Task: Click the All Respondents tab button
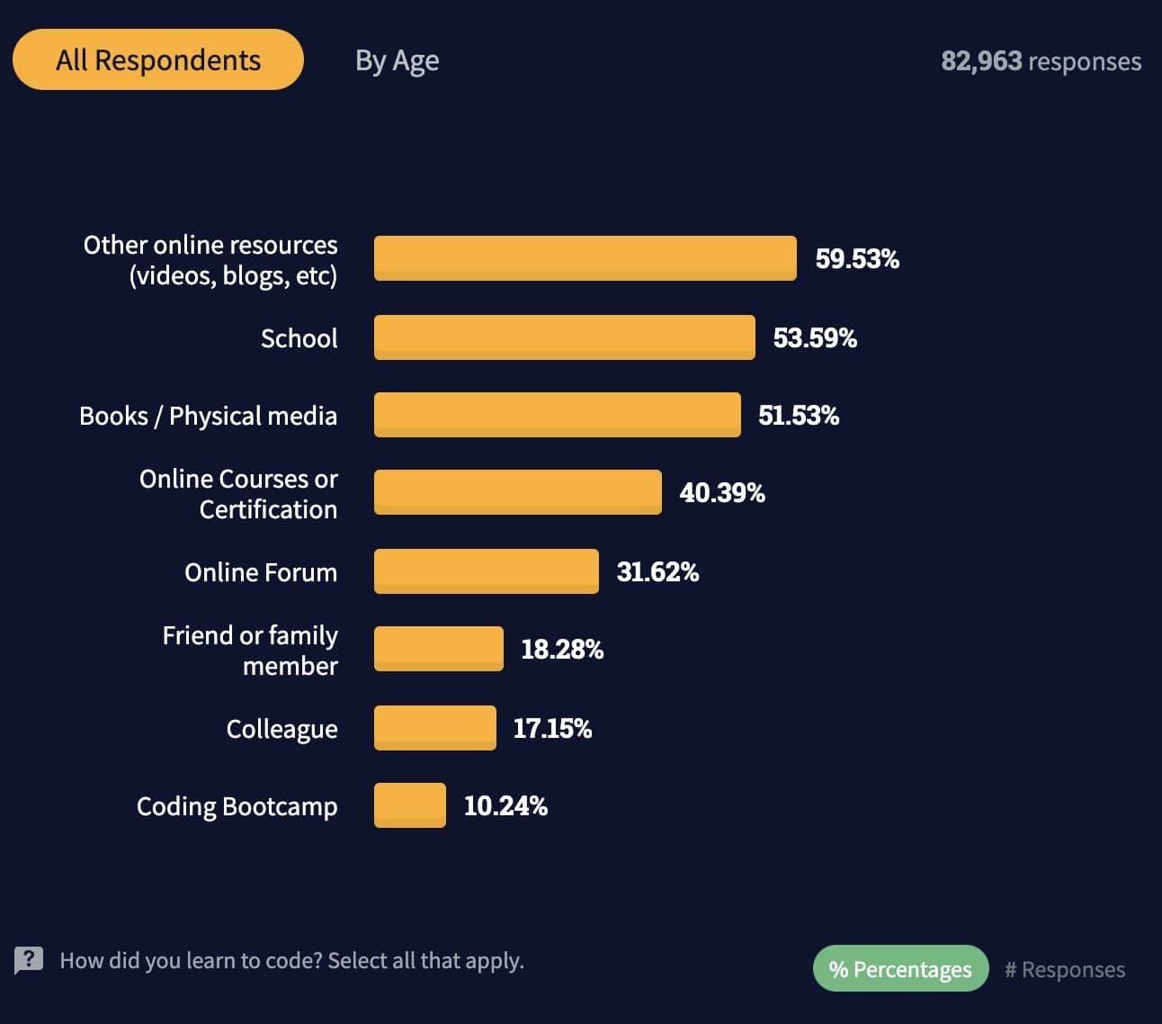158,59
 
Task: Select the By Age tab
397,60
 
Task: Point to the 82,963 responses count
1041,61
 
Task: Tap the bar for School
564,337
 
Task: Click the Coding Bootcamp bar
409,805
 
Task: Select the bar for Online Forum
486,571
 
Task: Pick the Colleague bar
434,728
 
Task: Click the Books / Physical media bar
557,415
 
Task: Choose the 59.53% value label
856,259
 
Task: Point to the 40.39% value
721,493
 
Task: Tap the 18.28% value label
562,650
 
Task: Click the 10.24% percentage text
505,806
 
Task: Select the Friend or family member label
250,651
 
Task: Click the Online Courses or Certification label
238,494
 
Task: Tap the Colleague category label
282,729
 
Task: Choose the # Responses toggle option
1065,969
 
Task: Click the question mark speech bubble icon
29,959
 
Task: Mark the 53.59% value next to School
815,338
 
